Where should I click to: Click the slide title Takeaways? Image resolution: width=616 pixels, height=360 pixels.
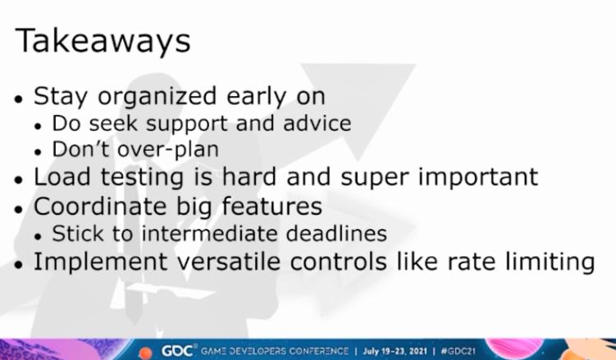[103, 41]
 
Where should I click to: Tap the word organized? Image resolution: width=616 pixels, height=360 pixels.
[157, 98]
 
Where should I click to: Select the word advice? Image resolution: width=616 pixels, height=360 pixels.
[317, 123]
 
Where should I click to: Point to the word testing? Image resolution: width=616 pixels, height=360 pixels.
[142, 178]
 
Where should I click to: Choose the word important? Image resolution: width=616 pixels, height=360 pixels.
[477, 178]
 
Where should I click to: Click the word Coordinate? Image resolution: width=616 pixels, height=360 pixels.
[100, 206]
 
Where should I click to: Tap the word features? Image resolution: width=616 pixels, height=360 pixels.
[271, 206]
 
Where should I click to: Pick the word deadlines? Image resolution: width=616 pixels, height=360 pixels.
[336, 234]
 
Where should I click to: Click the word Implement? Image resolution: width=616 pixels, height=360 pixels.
[101, 262]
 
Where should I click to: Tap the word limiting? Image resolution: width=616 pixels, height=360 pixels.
[550, 262]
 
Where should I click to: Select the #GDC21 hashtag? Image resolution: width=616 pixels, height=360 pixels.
[458, 351]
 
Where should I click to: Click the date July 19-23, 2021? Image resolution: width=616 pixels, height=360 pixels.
[395, 351]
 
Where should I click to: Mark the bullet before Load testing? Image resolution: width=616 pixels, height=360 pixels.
[18, 180]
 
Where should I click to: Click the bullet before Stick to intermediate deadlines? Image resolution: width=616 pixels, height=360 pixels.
[38, 236]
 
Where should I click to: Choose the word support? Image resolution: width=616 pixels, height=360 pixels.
[187, 125]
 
